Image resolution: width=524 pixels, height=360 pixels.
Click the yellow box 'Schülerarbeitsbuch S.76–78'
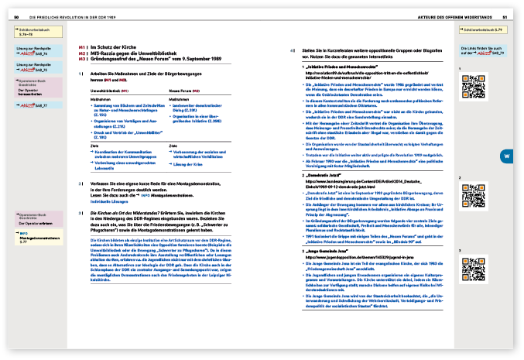[x=38, y=33]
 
